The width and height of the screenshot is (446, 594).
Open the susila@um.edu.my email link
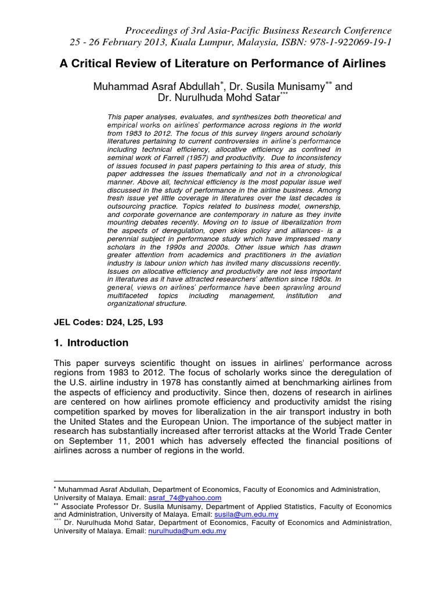(x=246, y=515)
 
